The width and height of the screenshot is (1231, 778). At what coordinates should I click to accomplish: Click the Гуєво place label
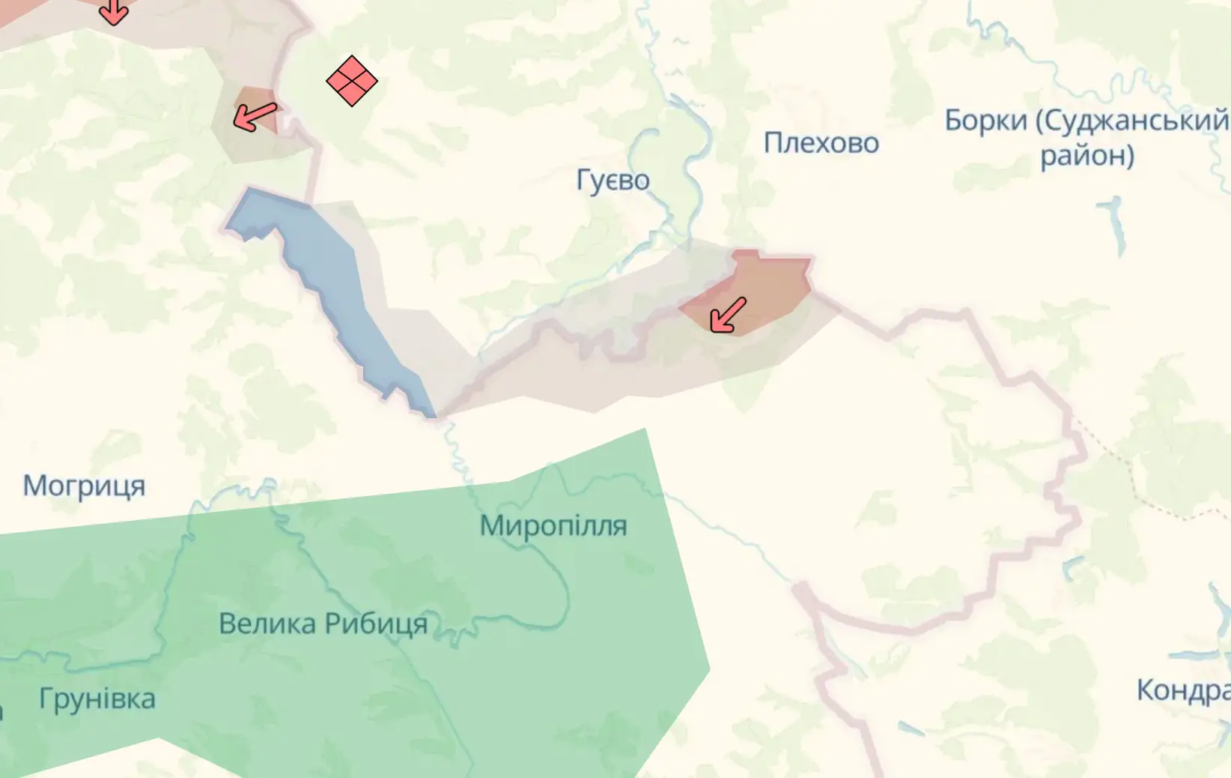613,181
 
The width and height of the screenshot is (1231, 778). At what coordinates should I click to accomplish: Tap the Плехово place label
821,143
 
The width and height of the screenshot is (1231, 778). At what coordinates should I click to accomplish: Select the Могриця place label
84,486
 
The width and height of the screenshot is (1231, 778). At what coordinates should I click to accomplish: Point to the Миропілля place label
553,526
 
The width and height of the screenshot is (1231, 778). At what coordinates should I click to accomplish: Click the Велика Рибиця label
323,624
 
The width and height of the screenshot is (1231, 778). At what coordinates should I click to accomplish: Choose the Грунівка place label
97,699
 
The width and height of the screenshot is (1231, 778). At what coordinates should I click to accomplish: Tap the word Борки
985,121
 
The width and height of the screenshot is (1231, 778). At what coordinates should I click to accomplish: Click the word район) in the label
1086,156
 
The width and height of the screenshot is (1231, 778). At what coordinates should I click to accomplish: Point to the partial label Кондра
1182,690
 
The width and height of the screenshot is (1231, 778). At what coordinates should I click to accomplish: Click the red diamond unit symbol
352,81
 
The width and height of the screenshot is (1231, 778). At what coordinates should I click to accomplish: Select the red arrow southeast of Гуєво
728,315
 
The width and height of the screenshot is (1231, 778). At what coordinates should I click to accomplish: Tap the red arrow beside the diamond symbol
255,117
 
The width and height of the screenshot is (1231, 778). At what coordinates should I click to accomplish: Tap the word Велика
267,624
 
